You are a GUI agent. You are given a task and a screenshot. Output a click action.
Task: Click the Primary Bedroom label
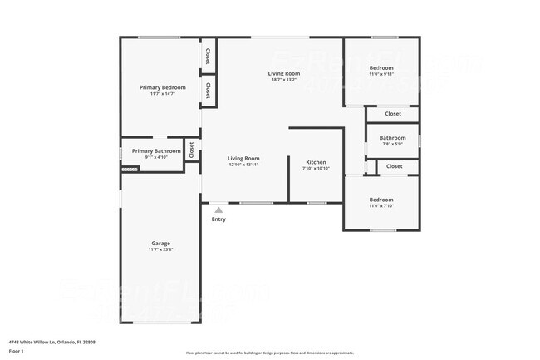coord(162,87)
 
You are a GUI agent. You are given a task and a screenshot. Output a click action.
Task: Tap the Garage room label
coord(160,244)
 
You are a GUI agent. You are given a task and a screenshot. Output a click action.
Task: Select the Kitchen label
coord(316,162)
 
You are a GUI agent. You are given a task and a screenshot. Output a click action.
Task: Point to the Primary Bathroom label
coord(156,150)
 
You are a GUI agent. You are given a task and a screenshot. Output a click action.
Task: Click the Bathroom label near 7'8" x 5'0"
coord(392,138)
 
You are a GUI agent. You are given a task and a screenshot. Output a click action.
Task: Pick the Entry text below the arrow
coord(218,219)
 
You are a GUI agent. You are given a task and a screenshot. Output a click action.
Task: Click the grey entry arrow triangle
coord(218,210)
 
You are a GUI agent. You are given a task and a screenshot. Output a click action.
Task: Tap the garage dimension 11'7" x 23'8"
coord(160,249)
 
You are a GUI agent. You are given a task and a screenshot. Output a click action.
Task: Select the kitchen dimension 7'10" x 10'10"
coord(316,168)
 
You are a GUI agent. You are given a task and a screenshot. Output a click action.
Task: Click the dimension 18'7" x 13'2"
coord(284,80)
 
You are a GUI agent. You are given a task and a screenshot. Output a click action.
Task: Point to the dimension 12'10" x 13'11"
coord(244,165)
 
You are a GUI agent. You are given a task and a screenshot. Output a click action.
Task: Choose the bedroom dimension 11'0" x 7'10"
coord(381,206)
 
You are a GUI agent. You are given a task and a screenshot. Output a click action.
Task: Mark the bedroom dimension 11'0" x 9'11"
coord(381,74)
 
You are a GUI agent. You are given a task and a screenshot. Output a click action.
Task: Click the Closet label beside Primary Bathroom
coord(191,150)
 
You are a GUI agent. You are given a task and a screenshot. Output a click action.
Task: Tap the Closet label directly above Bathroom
coord(393,114)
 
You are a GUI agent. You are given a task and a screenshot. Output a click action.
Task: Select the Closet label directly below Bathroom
coord(395,166)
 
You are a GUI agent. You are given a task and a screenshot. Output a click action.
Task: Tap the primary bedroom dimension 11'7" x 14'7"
coord(162,93)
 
